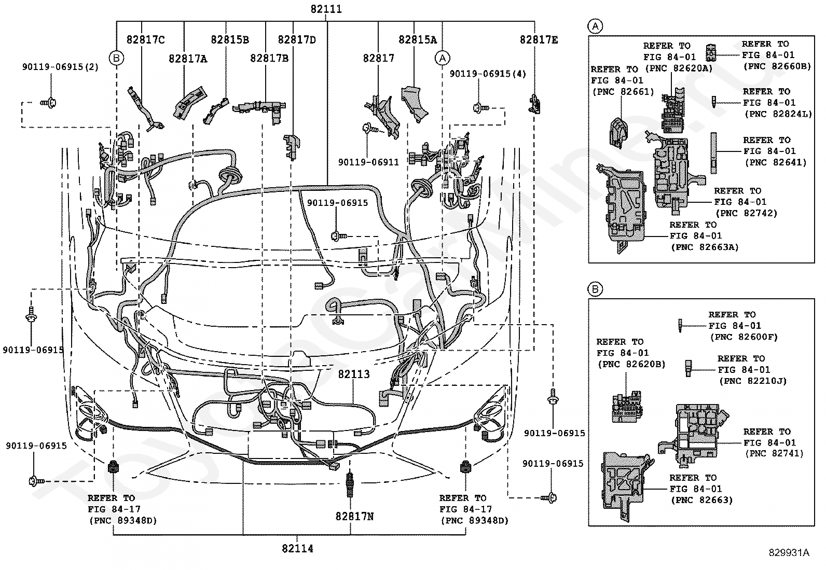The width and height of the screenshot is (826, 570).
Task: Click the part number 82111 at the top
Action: pyautogui.click(x=326, y=9)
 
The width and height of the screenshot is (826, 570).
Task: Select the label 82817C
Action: pyautogui.click(x=146, y=39)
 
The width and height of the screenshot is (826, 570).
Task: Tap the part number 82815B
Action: pyautogui.click(x=230, y=39)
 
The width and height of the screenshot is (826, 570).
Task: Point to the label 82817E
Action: pyautogui.click(x=539, y=39)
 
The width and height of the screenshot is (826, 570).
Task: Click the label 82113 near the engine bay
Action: pyautogui.click(x=354, y=374)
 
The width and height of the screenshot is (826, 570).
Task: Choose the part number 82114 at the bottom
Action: pyautogui.click(x=297, y=549)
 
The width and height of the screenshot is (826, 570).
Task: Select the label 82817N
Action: pyautogui.click(x=354, y=517)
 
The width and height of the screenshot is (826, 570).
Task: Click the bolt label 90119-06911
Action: pyautogui.click(x=368, y=162)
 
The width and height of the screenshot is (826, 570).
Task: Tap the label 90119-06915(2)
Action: pyautogui.click(x=61, y=67)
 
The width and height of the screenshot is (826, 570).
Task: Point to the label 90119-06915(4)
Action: pyautogui.click(x=488, y=74)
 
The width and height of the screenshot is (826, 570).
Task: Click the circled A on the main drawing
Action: pyautogui.click(x=443, y=58)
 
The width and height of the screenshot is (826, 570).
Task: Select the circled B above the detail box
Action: pyautogui.click(x=595, y=289)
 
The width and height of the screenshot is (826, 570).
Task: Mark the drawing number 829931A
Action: pyautogui.click(x=789, y=552)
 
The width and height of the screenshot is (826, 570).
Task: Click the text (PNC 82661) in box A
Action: pyautogui.click(x=623, y=91)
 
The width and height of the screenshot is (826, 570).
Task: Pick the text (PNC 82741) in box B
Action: pyautogui.click(x=774, y=453)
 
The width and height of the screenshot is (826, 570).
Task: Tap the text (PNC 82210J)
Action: pyautogui.click(x=753, y=381)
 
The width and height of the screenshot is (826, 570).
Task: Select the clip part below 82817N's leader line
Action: pyautogui.click(x=350, y=483)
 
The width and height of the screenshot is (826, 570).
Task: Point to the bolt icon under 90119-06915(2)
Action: pyautogui.click(x=49, y=103)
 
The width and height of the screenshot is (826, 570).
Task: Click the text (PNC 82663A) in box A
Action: pyautogui.click(x=705, y=247)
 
